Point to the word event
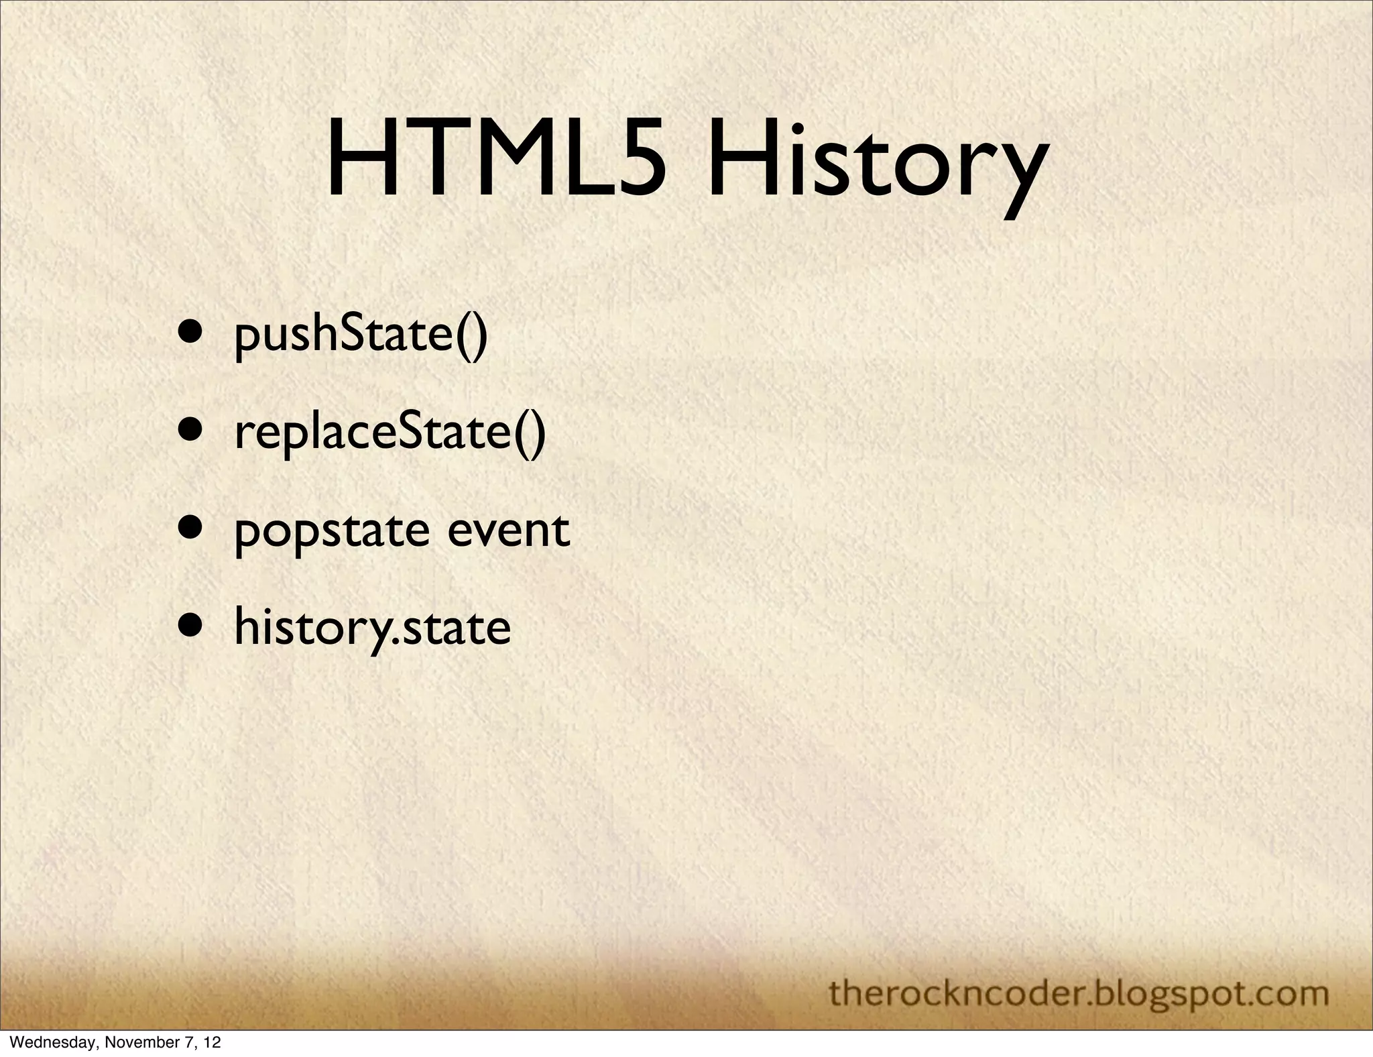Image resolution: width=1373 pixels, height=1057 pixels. pyautogui.click(x=508, y=530)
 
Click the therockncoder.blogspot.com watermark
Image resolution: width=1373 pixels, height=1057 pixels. pyautogui.click(x=1079, y=993)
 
